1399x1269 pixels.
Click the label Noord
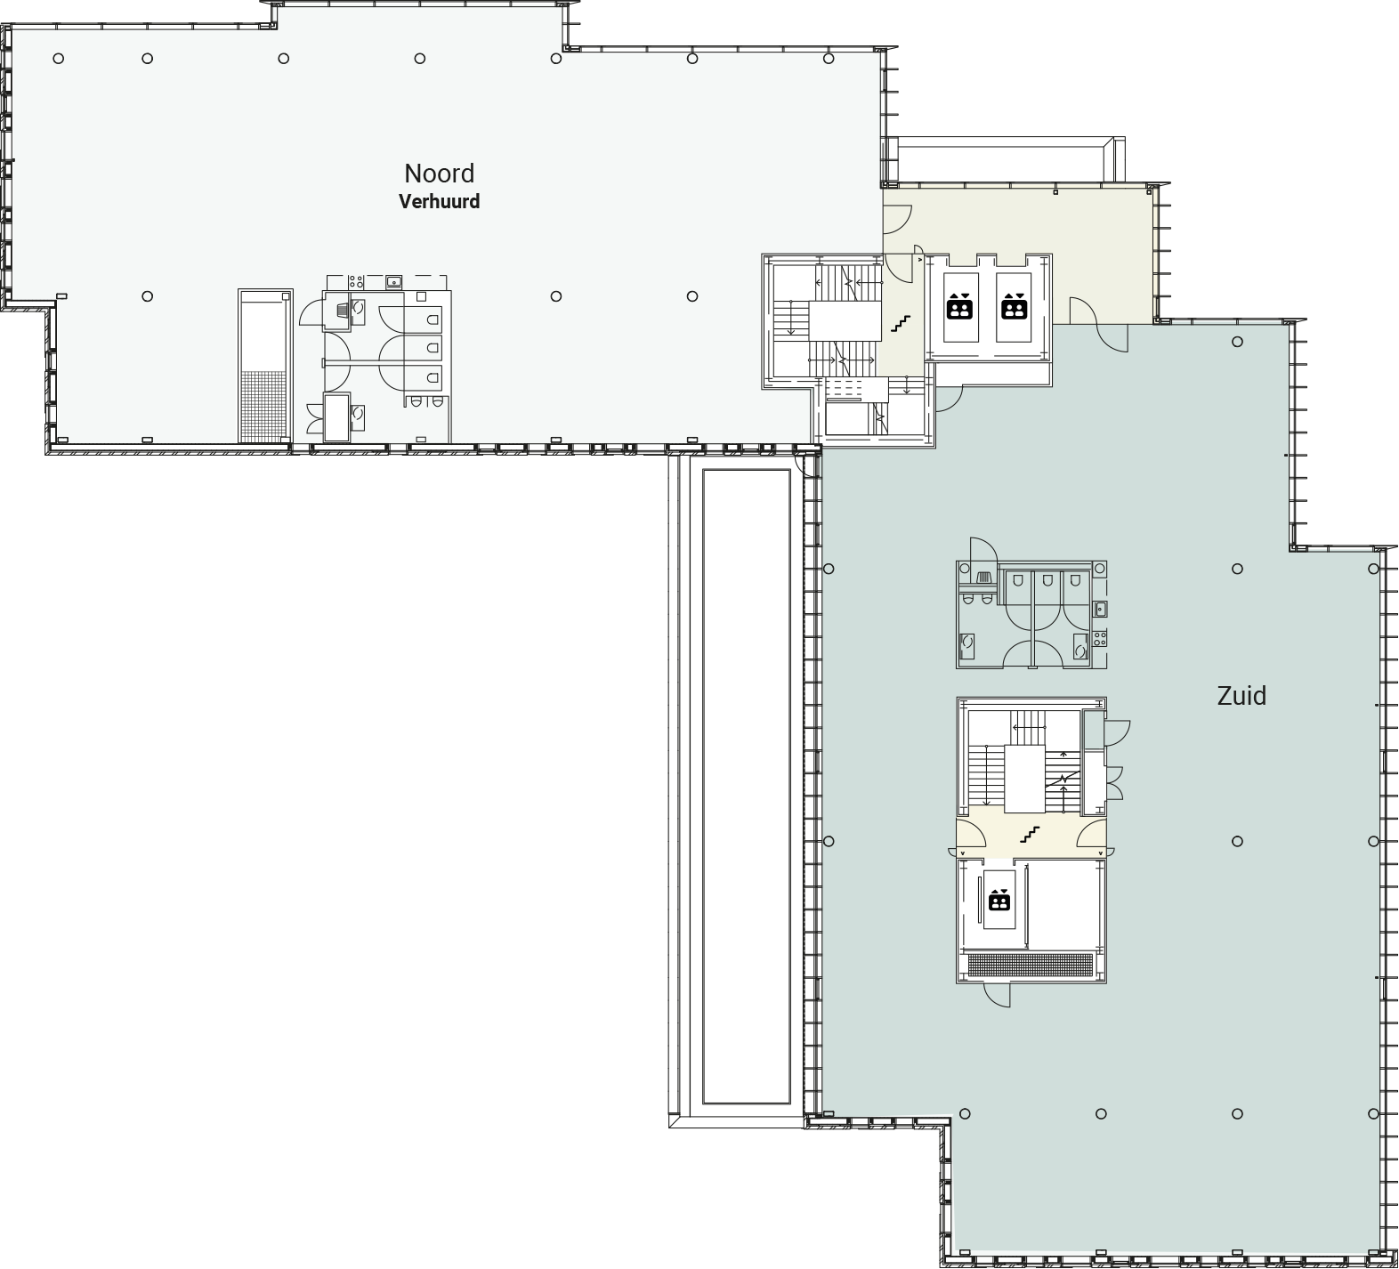pyautogui.click(x=439, y=174)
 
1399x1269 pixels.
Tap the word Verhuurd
pyautogui.click(x=439, y=202)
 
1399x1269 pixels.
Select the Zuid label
pyautogui.click(x=1241, y=696)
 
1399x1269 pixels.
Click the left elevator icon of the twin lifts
pyautogui.click(x=959, y=306)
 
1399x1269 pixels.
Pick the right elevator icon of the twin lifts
pyautogui.click(x=1014, y=306)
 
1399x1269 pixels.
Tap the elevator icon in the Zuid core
pyautogui.click(x=999, y=900)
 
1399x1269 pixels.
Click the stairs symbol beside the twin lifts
pyautogui.click(x=902, y=324)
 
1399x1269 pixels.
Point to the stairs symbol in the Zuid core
pyautogui.click(x=1030, y=835)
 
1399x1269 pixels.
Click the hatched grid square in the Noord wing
pyautogui.click(x=264, y=406)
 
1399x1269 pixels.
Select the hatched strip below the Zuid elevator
pyautogui.click(x=1031, y=966)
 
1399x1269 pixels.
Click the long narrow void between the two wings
pyautogui.click(x=747, y=786)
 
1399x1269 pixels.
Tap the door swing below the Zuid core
pyautogui.click(x=998, y=995)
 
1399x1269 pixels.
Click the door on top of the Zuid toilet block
pyautogui.click(x=983, y=550)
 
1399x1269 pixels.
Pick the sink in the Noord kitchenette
pyautogui.click(x=393, y=282)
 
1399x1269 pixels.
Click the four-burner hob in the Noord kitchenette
pyautogui.click(x=356, y=281)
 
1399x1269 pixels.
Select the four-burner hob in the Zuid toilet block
pyautogui.click(x=1100, y=638)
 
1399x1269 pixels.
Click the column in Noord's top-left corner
pyautogui.click(x=59, y=59)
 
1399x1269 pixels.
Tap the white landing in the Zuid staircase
pyautogui.click(x=1024, y=779)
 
